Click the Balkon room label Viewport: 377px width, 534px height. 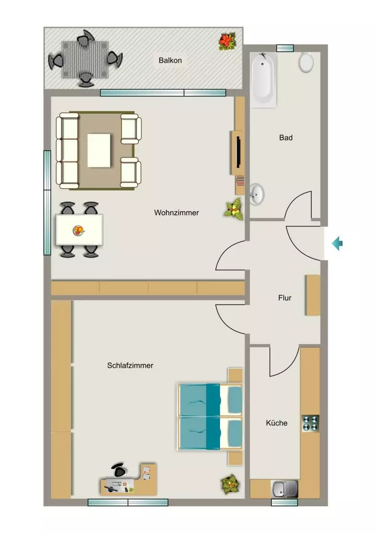tap(171, 60)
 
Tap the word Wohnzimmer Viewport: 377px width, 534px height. tap(176, 213)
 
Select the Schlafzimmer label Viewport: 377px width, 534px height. tap(130, 366)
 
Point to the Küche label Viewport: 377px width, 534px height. tap(276, 423)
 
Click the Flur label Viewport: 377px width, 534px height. tap(285, 298)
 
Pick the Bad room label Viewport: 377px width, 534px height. tap(286, 138)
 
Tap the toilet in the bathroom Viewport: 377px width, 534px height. tap(306, 63)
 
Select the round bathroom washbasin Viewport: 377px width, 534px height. tap(257, 195)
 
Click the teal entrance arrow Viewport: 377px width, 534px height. tap(337, 243)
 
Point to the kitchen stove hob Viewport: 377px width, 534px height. tap(310, 423)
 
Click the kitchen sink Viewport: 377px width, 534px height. tap(284, 489)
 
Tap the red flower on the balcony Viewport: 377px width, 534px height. tap(227, 41)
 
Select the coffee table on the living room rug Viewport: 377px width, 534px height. tap(99, 150)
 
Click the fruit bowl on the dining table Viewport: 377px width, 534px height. tap(78, 230)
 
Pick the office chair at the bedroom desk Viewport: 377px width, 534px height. tap(119, 470)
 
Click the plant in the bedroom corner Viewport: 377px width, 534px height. tap(230, 484)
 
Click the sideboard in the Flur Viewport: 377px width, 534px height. tap(313, 295)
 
